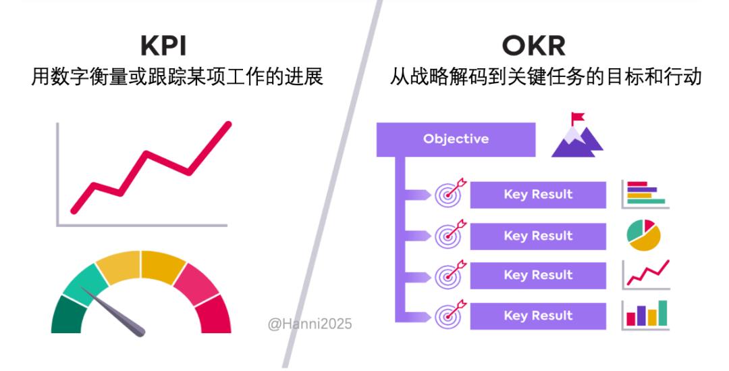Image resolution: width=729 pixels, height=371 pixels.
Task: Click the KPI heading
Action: (163, 46)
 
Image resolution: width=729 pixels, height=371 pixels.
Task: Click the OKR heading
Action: (533, 46)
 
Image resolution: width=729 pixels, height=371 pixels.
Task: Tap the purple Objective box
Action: (456, 139)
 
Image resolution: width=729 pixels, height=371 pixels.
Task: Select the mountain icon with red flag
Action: (577, 135)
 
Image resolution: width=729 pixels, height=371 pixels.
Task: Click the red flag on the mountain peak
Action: (578, 117)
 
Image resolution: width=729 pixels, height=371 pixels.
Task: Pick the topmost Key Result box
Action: (538, 195)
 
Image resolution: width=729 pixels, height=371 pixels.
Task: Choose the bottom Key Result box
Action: (538, 316)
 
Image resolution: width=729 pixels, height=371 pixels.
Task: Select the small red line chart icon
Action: (646, 274)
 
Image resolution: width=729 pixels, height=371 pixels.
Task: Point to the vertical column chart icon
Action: (645, 315)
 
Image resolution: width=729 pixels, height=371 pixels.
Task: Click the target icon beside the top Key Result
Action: (450, 193)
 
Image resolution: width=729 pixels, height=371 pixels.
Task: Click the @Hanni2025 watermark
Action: (310, 324)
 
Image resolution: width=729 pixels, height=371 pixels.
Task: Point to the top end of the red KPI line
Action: (228, 124)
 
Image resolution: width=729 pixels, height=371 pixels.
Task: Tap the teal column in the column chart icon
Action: (663, 313)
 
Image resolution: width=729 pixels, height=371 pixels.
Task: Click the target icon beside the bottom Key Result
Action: (450, 314)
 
